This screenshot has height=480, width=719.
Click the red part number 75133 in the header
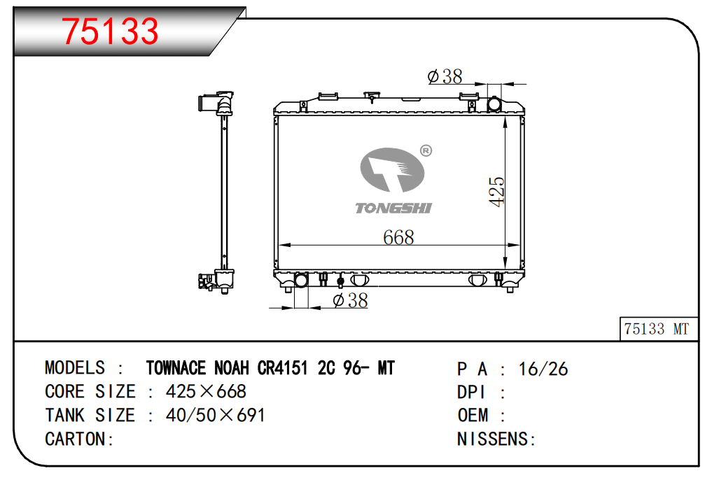pyautogui.click(x=110, y=31)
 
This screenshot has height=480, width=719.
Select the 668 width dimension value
pyautogui.click(x=398, y=237)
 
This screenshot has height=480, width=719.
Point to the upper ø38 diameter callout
pyautogui.click(x=445, y=76)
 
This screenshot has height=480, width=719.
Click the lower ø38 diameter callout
pyautogui.click(x=350, y=300)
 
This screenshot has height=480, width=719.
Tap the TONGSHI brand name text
pyautogui.click(x=393, y=208)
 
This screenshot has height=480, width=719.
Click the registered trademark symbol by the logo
pyautogui.click(x=426, y=150)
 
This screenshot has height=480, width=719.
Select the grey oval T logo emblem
pyautogui.click(x=392, y=169)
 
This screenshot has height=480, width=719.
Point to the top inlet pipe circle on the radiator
pyautogui.click(x=494, y=104)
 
